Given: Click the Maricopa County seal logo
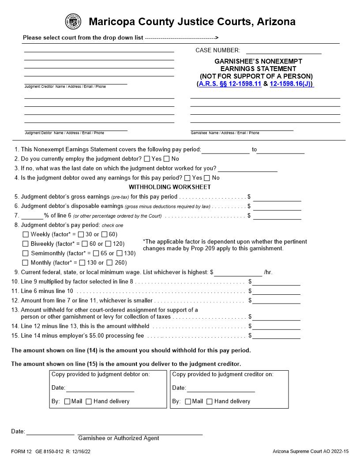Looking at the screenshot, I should (73, 22).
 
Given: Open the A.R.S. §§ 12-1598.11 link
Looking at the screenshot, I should (230, 83).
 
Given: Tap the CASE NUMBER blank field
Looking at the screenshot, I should (283, 50).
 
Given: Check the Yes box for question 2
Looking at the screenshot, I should (147, 159).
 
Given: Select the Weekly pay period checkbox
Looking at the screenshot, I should (26, 234).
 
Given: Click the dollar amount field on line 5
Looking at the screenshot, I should (277, 197).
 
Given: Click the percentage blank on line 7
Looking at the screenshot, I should (32, 216).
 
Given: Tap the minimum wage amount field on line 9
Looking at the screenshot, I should (238, 272).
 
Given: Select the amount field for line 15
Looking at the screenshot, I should (276, 335).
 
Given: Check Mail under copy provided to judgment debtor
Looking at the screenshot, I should (67, 402).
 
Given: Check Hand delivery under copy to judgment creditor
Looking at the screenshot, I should (210, 402).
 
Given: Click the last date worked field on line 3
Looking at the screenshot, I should (247, 168).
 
